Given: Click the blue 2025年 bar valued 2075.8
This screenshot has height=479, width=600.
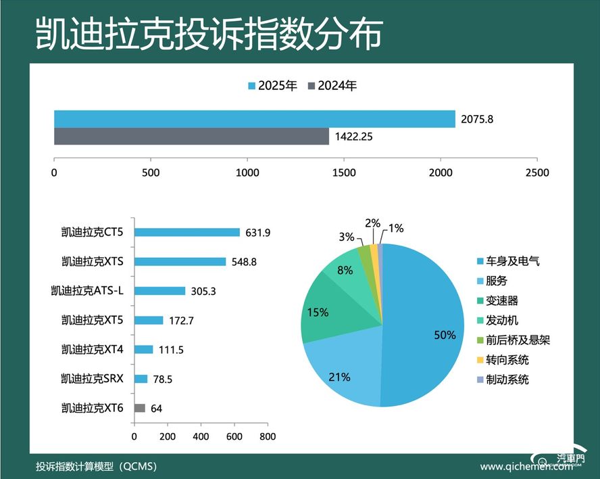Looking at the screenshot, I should point(254,118).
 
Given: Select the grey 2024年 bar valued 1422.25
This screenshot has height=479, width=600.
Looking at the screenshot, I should point(191,136).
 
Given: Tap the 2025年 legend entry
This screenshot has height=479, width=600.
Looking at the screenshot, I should point(273,86).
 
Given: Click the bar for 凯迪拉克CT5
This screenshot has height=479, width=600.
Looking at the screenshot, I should point(187,232).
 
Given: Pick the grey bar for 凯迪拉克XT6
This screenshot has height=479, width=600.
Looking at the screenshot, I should point(140,408).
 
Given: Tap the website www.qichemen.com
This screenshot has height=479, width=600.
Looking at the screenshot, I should point(520,467).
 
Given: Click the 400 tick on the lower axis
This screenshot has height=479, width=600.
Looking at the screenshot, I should point(201,437).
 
